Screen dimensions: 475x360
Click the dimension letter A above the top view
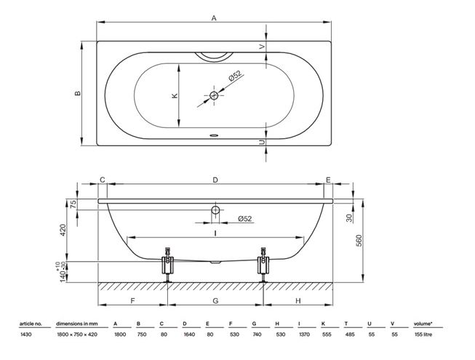pyautogui.click(x=214, y=18)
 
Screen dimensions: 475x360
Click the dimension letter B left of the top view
pyautogui.click(x=78, y=93)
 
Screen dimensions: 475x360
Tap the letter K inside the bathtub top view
pyautogui.click(x=175, y=96)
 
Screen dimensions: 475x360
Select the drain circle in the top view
pyautogui.click(x=214, y=96)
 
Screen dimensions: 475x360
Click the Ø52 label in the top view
pyautogui.click(x=235, y=76)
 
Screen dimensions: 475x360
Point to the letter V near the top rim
pyautogui.click(x=262, y=47)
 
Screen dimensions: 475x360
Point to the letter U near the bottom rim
pyautogui.click(x=262, y=143)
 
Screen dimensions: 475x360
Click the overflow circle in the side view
pyautogui.click(x=215, y=210)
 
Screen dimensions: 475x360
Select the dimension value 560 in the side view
pyautogui.click(x=359, y=241)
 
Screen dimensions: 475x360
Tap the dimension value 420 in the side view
pyautogui.click(x=63, y=230)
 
